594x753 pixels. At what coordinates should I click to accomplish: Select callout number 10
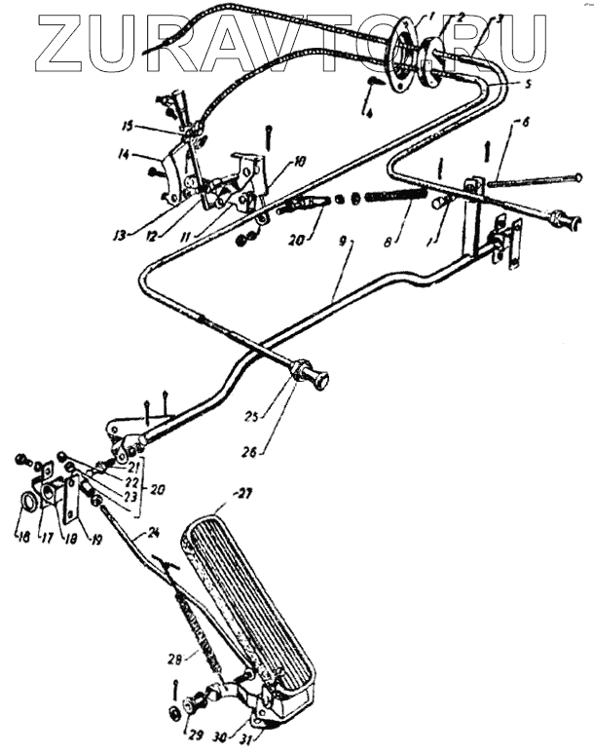coord(297,162)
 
